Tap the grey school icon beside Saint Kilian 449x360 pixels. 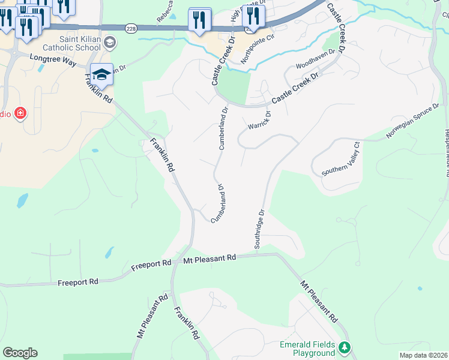[109, 42]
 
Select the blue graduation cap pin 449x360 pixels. [101, 75]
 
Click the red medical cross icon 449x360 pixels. [21, 113]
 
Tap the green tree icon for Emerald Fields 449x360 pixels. [345, 347]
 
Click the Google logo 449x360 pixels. [20, 353]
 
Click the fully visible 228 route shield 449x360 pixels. [131, 28]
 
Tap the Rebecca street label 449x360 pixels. [163, 8]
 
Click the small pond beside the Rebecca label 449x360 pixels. [173, 16]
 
